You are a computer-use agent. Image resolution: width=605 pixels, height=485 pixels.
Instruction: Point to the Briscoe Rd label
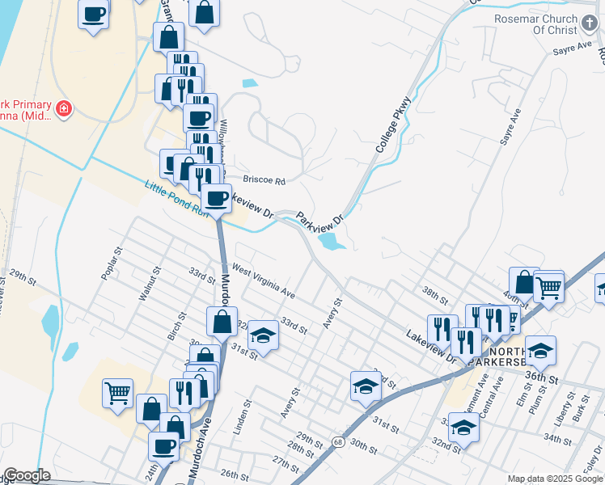264,181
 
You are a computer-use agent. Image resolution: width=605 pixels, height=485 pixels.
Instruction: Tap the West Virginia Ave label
264,280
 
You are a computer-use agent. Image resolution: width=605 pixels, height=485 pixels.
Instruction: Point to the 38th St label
434,290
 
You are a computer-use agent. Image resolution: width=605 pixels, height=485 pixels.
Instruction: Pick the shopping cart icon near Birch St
117,393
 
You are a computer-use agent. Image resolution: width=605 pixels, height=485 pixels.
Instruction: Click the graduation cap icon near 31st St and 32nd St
262,334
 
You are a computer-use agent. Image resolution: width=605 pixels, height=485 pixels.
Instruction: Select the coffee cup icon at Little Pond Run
216,199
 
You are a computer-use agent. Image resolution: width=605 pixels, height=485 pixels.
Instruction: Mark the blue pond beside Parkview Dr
332,241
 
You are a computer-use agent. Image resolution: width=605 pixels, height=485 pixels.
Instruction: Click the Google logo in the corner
26,475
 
